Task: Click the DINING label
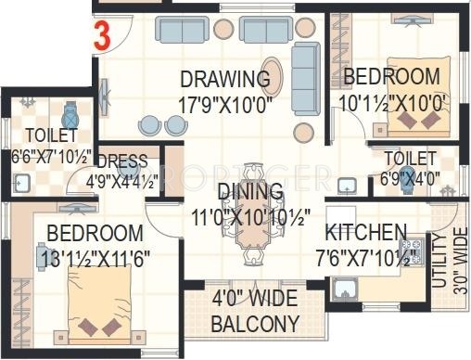point(250,191)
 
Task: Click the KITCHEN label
point(365,232)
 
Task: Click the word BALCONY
point(255,324)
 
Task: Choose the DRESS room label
point(121,159)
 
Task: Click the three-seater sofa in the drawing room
point(185,30)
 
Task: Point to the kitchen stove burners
point(415,250)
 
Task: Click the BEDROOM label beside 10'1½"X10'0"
point(390,75)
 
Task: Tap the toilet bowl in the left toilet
point(69,117)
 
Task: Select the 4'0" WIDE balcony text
point(255,301)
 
